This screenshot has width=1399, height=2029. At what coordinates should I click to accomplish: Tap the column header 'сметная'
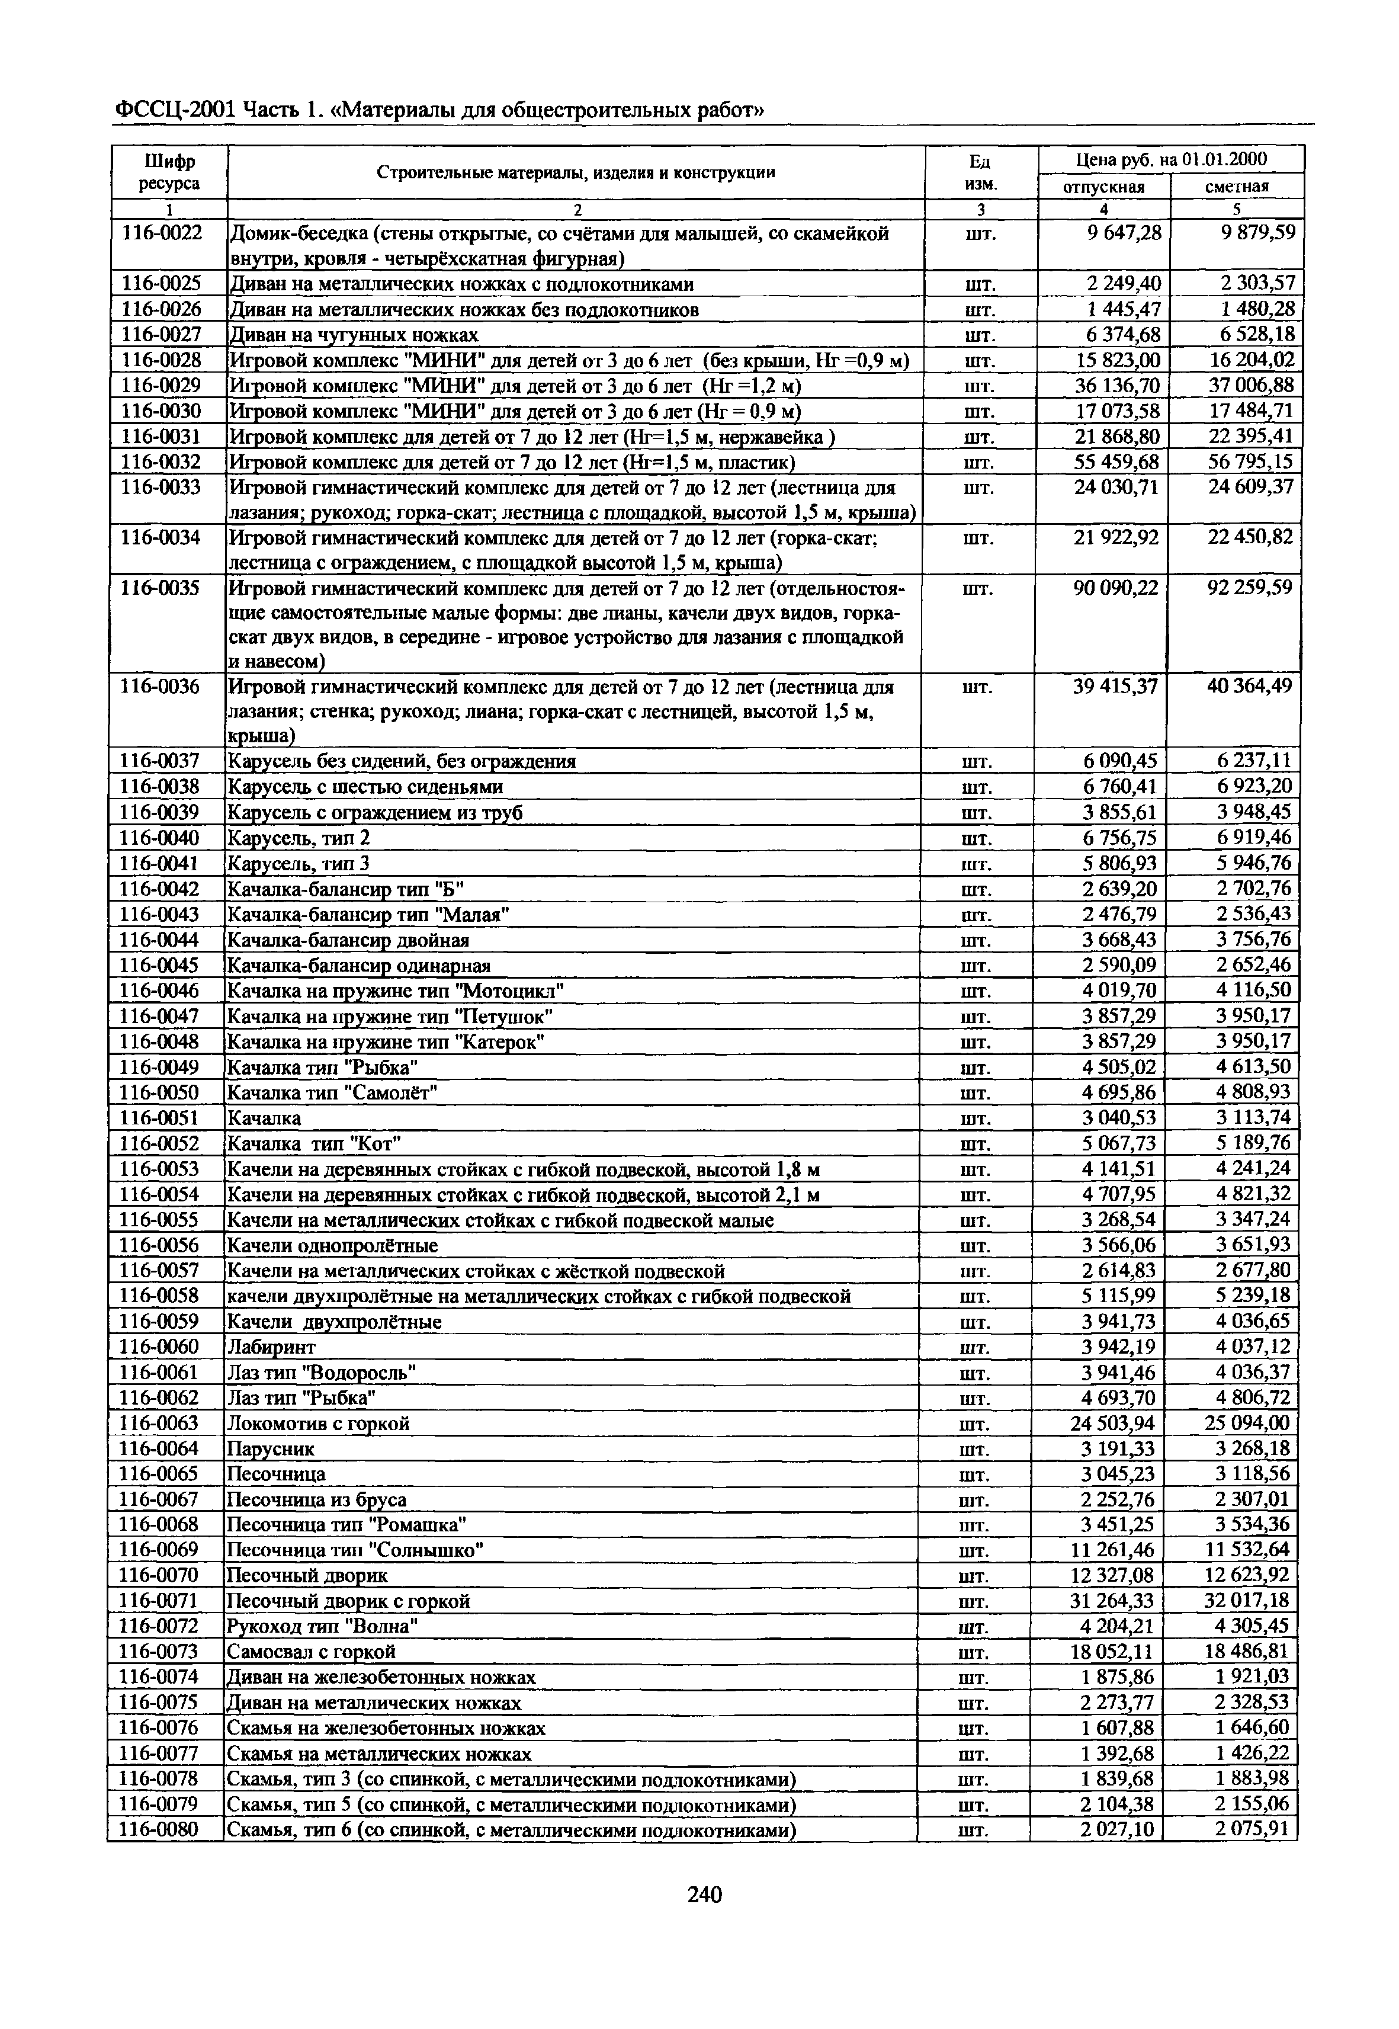[x=1237, y=187]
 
